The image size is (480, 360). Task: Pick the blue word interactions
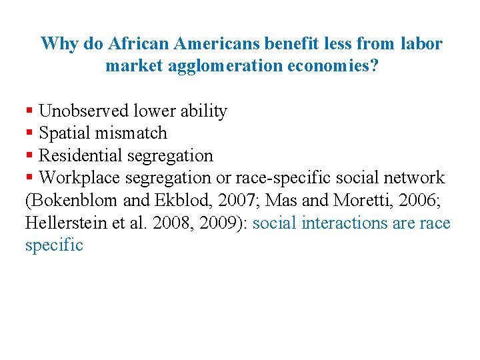click(344, 223)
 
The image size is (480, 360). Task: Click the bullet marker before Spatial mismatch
click(29, 133)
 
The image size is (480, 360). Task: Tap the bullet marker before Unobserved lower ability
click(29, 111)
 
